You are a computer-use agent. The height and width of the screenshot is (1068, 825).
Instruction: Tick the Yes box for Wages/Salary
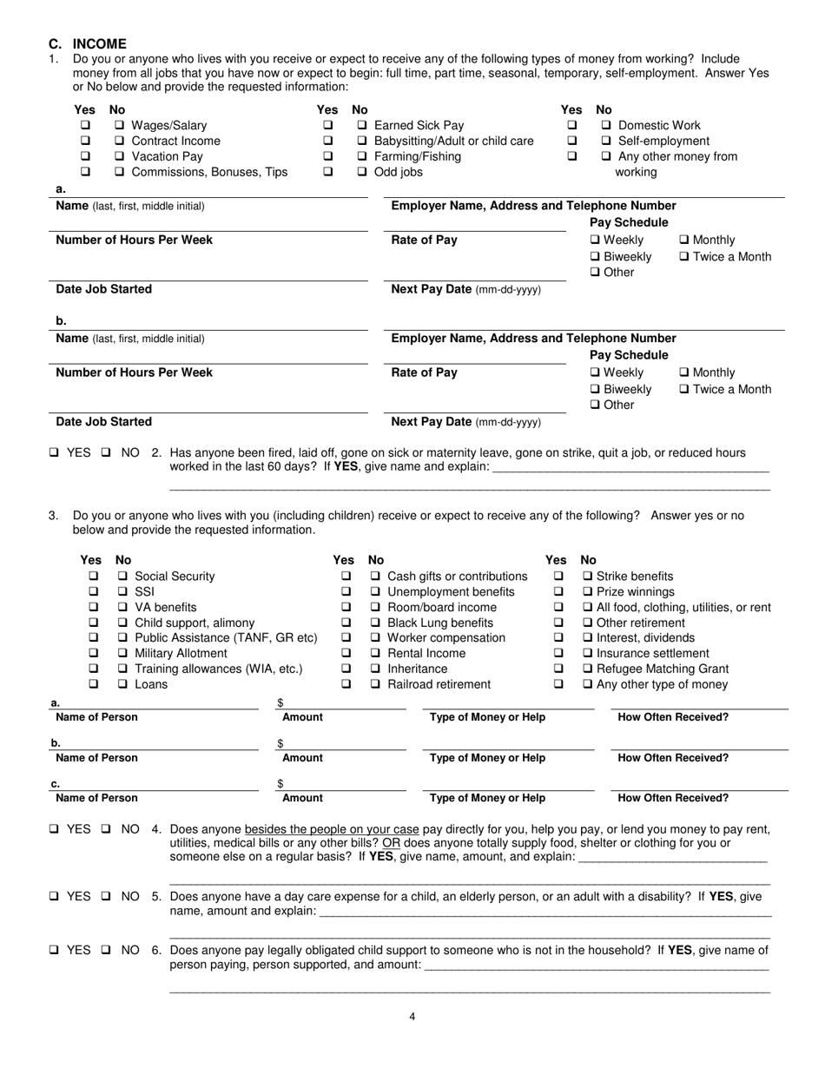[x=85, y=126]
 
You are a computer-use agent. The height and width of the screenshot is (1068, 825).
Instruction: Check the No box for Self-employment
[x=606, y=142]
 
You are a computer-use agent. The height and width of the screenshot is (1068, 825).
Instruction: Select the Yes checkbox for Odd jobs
[x=328, y=173]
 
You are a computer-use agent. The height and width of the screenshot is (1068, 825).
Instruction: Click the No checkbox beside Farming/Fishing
[x=362, y=157]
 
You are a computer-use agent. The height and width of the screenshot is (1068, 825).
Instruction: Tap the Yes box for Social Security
[x=93, y=577]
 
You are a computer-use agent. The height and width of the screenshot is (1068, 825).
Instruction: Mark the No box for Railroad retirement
[x=375, y=684]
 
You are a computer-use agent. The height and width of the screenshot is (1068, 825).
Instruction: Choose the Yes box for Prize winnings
[x=558, y=592]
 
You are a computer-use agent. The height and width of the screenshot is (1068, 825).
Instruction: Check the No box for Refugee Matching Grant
[x=588, y=669]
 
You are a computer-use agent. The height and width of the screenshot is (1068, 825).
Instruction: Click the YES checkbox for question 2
[x=55, y=453]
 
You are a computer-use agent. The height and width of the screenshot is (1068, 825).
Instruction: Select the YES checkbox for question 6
[x=55, y=951]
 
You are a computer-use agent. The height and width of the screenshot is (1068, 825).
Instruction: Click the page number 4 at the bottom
[x=412, y=1018]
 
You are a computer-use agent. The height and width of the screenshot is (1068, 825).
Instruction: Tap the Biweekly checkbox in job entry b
[x=595, y=389]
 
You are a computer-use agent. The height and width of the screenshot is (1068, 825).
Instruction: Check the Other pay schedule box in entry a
[x=595, y=273]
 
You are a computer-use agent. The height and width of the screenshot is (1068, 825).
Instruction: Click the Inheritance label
[x=417, y=669]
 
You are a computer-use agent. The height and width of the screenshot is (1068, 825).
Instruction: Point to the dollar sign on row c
[x=280, y=784]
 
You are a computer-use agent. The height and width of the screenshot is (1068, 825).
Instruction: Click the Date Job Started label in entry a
[x=103, y=289]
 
